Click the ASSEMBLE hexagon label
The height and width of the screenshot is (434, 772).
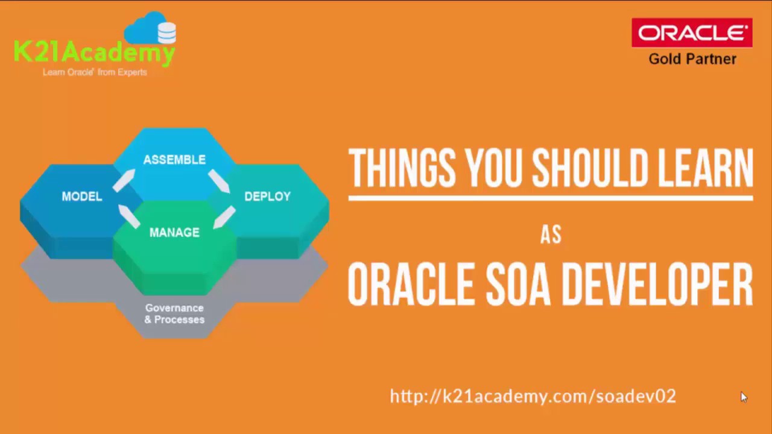coord(174,160)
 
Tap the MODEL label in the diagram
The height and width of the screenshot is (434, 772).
coord(82,197)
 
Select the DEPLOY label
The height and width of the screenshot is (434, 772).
coord(267,197)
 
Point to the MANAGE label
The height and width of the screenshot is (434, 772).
coord(174,233)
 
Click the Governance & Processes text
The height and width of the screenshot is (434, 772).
coord(174,313)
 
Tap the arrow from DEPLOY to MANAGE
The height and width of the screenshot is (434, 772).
coord(224,217)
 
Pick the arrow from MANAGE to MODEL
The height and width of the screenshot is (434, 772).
coord(128,216)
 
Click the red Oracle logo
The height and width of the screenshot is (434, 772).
coord(692,33)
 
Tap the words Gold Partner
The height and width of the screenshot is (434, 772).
coord(692,59)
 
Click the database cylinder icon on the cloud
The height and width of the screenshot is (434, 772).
coord(166,33)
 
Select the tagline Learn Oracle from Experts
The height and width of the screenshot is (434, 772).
coord(95,72)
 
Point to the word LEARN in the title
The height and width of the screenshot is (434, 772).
coord(704,168)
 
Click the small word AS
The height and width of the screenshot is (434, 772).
coord(551,234)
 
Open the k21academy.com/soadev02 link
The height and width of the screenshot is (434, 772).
coord(533,396)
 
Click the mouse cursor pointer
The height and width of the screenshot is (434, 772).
coord(744,397)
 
